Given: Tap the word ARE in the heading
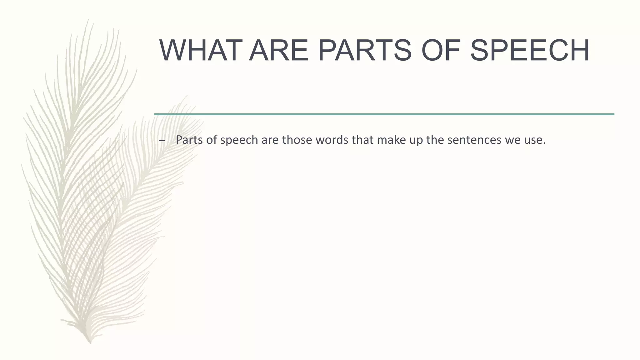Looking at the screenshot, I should click(279, 51).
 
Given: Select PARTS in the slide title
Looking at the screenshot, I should click(365, 51).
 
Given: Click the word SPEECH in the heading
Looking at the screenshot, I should click(530, 51).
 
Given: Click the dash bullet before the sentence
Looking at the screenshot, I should click(162, 140).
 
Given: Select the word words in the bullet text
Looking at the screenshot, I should click(331, 140).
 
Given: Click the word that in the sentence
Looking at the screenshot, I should click(362, 140).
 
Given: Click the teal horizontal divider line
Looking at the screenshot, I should click(384, 114).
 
